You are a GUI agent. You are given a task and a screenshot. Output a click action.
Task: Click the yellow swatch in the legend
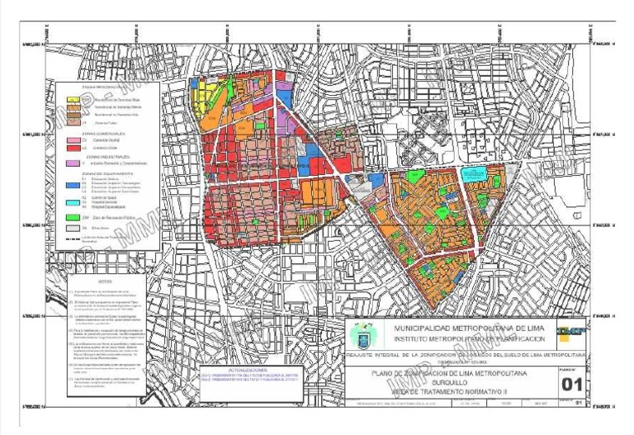click(77, 99)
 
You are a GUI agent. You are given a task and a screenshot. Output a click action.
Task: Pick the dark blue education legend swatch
click(77, 183)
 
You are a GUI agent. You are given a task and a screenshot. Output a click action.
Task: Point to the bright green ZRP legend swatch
click(77, 216)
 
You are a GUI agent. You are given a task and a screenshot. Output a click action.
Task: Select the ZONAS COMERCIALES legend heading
click(103, 133)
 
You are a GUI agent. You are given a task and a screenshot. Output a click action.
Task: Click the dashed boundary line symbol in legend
click(77, 237)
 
